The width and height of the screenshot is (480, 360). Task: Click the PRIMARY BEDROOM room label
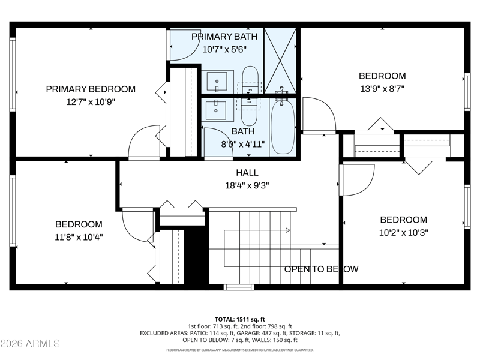[x=91, y=89]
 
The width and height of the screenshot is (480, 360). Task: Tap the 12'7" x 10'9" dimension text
[x=91, y=102]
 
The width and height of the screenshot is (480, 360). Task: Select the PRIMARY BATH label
[x=224, y=37]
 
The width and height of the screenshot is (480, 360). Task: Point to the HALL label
[x=247, y=173]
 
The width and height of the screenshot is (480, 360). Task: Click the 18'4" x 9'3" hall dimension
[x=247, y=185]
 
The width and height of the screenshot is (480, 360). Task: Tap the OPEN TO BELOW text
[x=322, y=269]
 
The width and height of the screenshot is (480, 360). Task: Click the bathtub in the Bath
[x=283, y=127]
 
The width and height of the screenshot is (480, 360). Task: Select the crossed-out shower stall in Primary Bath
[x=280, y=61]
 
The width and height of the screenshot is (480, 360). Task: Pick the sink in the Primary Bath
[x=217, y=82]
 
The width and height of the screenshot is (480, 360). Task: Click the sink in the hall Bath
[x=216, y=110]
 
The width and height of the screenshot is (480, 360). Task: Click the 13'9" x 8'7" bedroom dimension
[x=382, y=89]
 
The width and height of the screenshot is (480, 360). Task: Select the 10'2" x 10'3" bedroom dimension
[x=403, y=233]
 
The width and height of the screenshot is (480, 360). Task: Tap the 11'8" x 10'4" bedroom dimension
[x=79, y=237]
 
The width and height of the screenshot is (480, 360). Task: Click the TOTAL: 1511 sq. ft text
[x=239, y=320]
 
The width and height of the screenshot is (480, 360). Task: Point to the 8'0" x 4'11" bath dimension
[x=243, y=144]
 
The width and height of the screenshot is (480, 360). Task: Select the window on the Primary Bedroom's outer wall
[x=12, y=74]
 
